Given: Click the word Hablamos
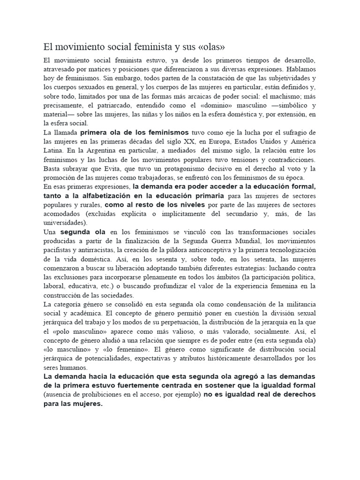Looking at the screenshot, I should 299,69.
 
